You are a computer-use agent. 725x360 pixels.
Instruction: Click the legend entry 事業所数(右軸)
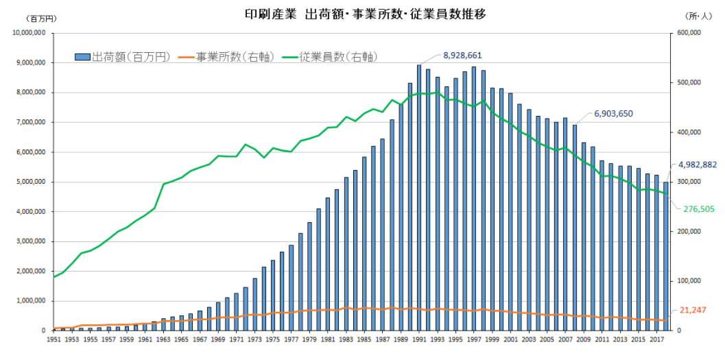pyautogui.click(x=226, y=57)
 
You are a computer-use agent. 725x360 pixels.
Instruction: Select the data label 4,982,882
pyautogui.click(x=697, y=165)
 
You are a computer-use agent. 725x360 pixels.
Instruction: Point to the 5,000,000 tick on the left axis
pyautogui.click(x=28, y=182)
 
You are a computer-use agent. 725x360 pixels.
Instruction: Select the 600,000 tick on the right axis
pyautogui.click(x=688, y=33)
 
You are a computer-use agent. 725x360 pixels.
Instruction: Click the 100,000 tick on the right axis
pyautogui.click(x=688, y=281)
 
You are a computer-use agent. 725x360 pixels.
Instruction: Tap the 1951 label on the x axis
pyautogui.click(x=54, y=339)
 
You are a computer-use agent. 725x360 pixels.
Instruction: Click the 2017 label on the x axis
pyautogui.click(x=656, y=339)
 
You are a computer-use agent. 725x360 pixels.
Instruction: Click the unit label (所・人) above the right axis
pyautogui.click(x=699, y=16)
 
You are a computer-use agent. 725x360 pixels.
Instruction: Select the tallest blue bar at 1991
pyautogui.click(x=419, y=199)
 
